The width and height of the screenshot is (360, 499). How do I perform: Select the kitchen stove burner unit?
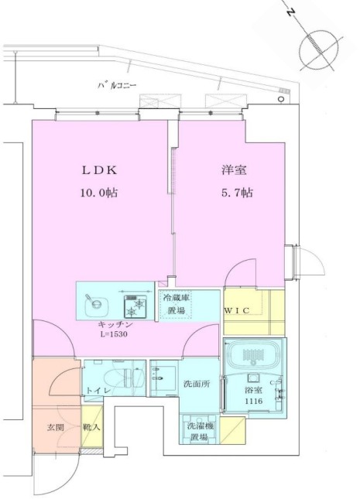click(x=137, y=303)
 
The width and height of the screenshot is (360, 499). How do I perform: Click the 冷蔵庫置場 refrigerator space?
click(x=177, y=303)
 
